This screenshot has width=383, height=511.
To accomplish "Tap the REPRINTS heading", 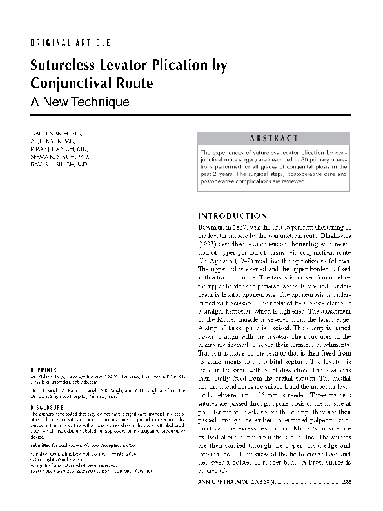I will click(43, 370).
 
